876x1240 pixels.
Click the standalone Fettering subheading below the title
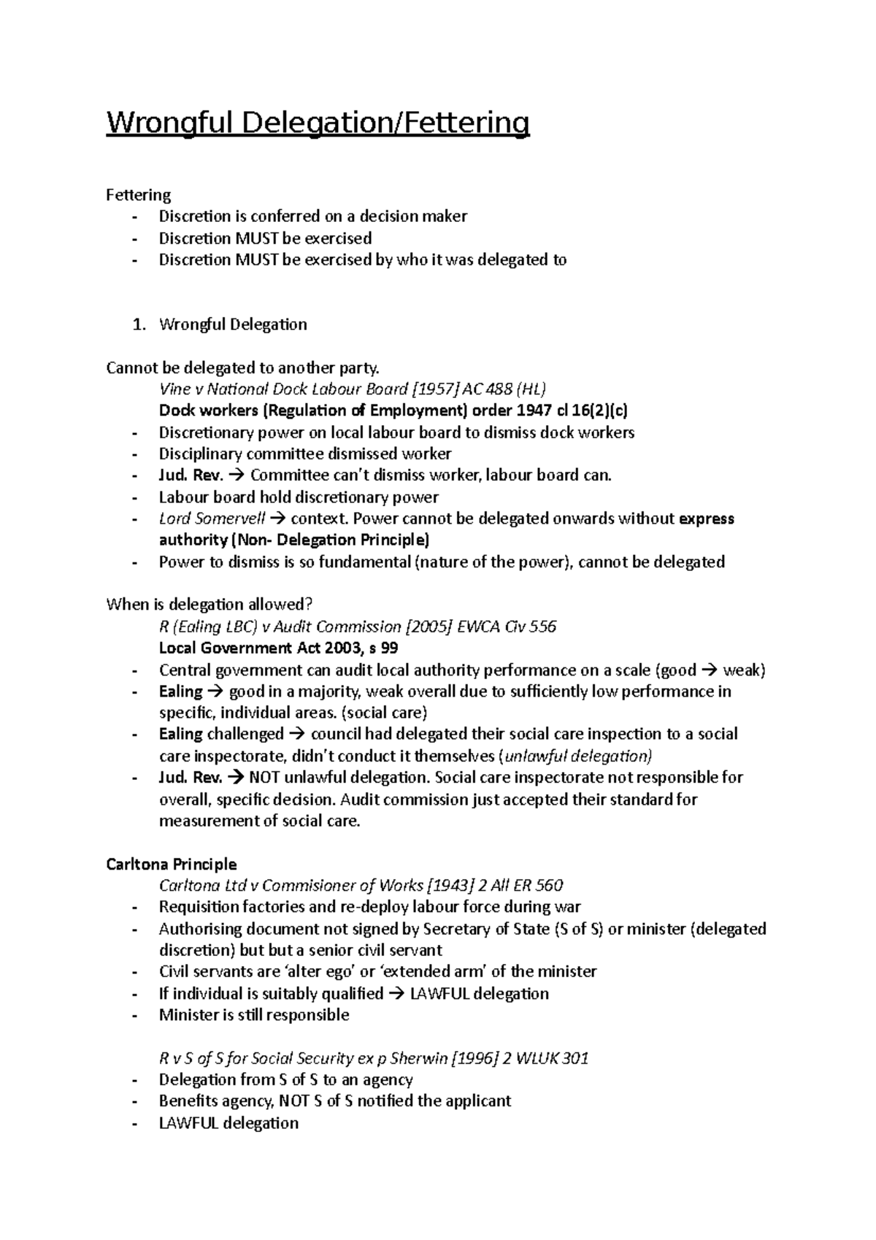pos(138,195)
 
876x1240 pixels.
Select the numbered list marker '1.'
pos(139,324)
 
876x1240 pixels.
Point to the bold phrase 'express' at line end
pos(706,518)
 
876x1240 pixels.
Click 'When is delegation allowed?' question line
pos(209,605)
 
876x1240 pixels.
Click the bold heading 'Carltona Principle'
pos(171,864)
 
